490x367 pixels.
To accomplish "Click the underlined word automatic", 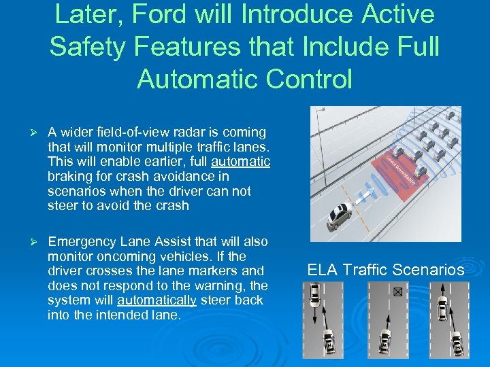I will click(241, 162).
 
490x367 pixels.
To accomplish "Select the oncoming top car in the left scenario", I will click(314, 294).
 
